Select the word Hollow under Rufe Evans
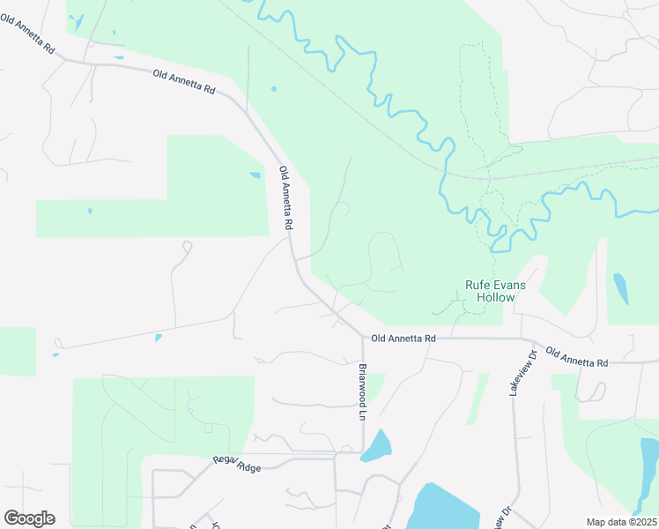(495, 298)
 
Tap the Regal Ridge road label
(237, 465)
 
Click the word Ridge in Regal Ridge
(248, 467)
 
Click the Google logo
(29, 518)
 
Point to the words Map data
(605, 522)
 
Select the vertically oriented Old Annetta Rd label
(285, 198)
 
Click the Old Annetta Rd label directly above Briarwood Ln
(404, 338)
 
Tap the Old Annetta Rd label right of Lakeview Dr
(577, 357)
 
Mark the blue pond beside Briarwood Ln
(375, 447)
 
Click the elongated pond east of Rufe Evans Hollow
(620, 287)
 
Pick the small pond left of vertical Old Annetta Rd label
(255, 175)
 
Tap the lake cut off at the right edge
(649, 476)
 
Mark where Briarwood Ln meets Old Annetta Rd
(361, 336)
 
